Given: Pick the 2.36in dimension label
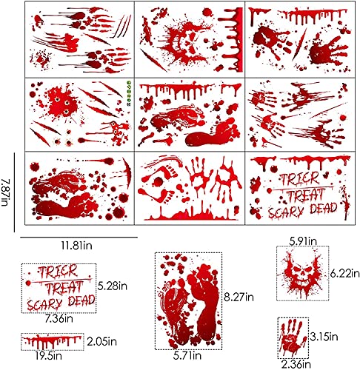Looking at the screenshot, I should (295, 363).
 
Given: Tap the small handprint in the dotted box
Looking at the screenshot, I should (294, 337).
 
